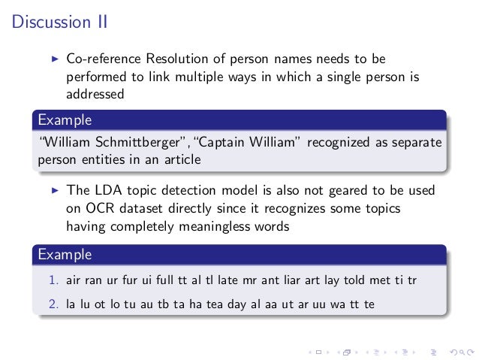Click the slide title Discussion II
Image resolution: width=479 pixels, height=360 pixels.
(x=60, y=22)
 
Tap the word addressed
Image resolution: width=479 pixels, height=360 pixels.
(x=95, y=95)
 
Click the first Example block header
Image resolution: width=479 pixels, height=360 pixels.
(x=65, y=119)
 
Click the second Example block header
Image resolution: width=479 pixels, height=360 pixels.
(x=65, y=254)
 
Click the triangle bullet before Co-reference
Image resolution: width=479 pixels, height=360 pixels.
(x=54, y=59)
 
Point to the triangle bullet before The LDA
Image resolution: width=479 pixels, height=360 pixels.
(x=54, y=191)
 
